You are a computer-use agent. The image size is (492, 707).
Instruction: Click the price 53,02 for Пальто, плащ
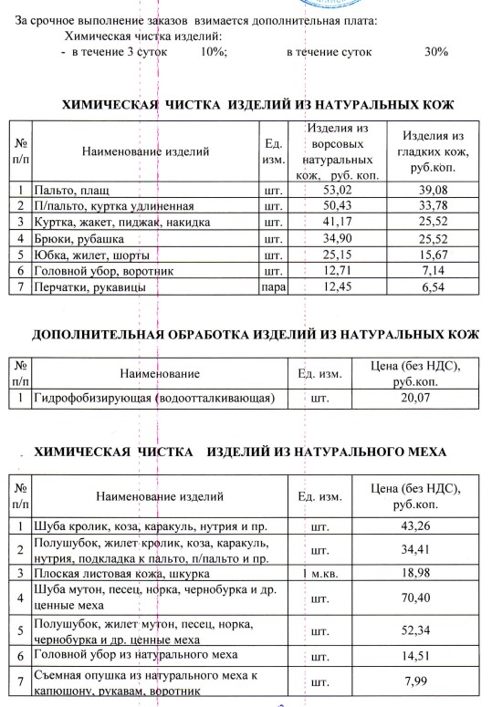[337, 190]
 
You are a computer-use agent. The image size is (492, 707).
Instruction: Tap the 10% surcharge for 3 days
[213, 52]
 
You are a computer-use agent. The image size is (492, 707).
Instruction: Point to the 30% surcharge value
[435, 52]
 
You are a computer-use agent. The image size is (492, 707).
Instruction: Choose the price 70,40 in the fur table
[415, 598]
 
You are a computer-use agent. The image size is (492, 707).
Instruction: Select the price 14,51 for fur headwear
[415, 655]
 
